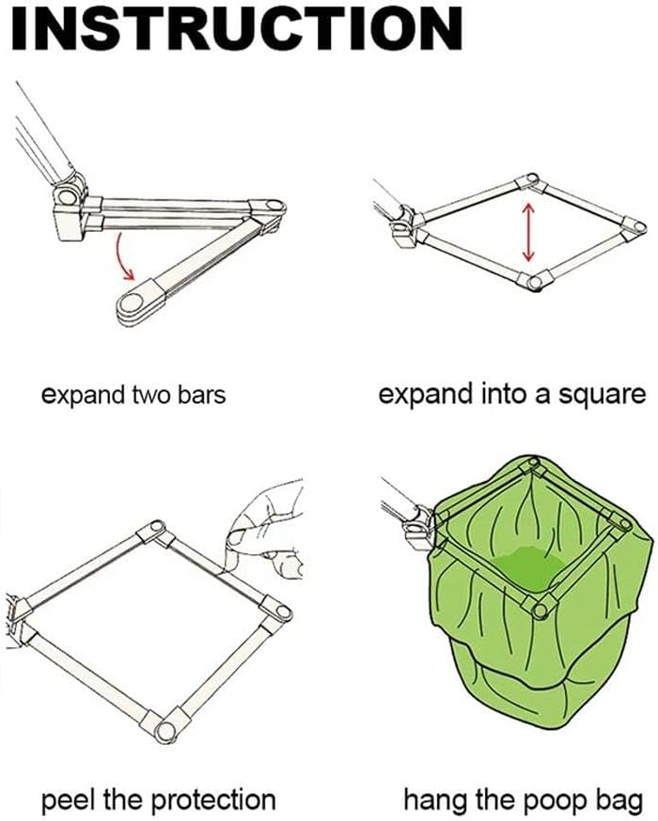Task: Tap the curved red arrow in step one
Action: pos(122,257)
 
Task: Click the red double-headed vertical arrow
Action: pos(528,232)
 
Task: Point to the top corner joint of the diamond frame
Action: pos(530,180)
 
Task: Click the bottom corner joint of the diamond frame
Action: pos(534,281)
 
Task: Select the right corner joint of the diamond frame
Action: pos(635,227)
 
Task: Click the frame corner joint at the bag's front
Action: pos(539,607)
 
